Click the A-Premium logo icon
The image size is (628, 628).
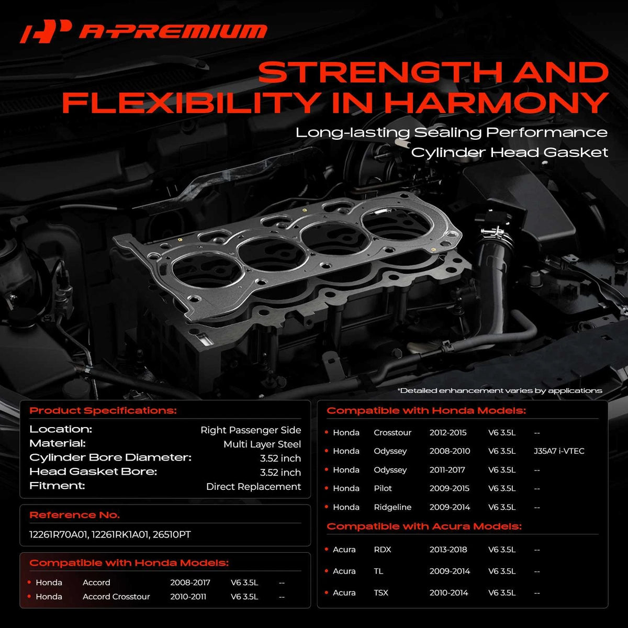click(x=46, y=31)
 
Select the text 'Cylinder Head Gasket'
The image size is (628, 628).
click(x=509, y=152)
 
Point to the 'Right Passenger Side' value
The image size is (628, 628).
click(x=251, y=430)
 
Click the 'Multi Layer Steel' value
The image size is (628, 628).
click(x=262, y=444)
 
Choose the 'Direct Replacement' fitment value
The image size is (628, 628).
click(x=253, y=487)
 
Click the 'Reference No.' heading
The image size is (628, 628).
click(x=75, y=515)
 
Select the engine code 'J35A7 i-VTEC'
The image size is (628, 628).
click(x=559, y=451)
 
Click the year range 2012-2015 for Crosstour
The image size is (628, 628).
click(x=448, y=432)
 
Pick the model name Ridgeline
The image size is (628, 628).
click(x=392, y=507)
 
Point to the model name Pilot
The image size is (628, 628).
click(x=383, y=488)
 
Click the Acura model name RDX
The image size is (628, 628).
click(x=382, y=549)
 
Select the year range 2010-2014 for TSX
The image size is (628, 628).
click(x=448, y=592)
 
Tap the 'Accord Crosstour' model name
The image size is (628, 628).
click(x=116, y=597)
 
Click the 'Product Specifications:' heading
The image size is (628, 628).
click(x=103, y=411)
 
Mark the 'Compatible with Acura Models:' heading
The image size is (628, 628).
click(x=424, y=526)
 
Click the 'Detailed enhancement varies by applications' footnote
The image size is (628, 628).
click(x=500, y=390)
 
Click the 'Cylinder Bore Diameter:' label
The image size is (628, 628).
click(x=110, y=457)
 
